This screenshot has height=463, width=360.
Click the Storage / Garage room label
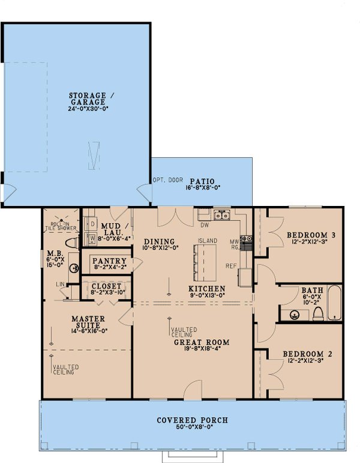click(88, 99)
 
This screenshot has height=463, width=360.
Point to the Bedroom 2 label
click(310, 354)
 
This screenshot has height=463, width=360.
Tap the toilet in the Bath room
click(318, 313)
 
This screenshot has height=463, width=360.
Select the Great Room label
click(193, 343)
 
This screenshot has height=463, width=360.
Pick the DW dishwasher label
click(204, 226)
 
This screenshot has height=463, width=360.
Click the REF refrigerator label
click(231, 265)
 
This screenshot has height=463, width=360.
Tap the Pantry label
click(109, 261)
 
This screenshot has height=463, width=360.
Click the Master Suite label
click(88, 322)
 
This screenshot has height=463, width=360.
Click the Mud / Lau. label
click(112, 229)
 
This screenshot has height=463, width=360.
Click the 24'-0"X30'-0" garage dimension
click(88, 110)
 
